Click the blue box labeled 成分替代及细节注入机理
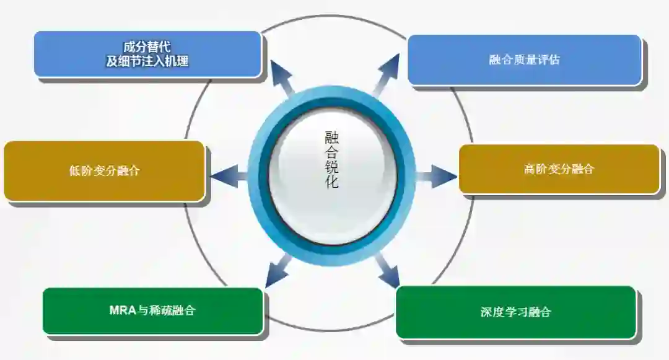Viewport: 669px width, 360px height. pyautogui.click(x=147, y=54)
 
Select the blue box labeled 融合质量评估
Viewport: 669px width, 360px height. pyautogui.click(x=524, y=59)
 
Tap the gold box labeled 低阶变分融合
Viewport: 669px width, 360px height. pyautogui.click(x=104, y=171)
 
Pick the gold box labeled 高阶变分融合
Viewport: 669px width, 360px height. pyautogui.click(x=558, y=169)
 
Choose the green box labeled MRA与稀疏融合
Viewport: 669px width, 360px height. pyautogui.click(x=152, y=310)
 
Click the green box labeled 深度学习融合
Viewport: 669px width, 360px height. pyautogui.click(x=515, y=312)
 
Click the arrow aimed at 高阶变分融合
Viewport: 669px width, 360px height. pyautogui.click(x=437, y=176)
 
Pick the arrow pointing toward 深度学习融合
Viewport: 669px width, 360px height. pyautogui.click(x=387, y=270)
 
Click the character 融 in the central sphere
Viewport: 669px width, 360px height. pyautogui.click(x=332, y=137)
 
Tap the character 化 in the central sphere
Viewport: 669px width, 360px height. pyautogui.click(x=332, y=182)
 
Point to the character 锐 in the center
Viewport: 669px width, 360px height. pyautogui.click(x=332, y=167)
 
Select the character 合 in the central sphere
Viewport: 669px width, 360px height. pyautogui.click(x=332, y=152)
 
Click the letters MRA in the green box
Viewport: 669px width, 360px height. pyautogui.click(x=122, y=310)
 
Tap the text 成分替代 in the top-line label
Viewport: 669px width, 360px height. pyautogui.click(x=147, y=47)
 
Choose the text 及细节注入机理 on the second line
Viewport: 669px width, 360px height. pyautogui.click(x=147, y=61)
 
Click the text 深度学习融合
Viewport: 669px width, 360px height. pyautogui.click(x=515, y=312)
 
